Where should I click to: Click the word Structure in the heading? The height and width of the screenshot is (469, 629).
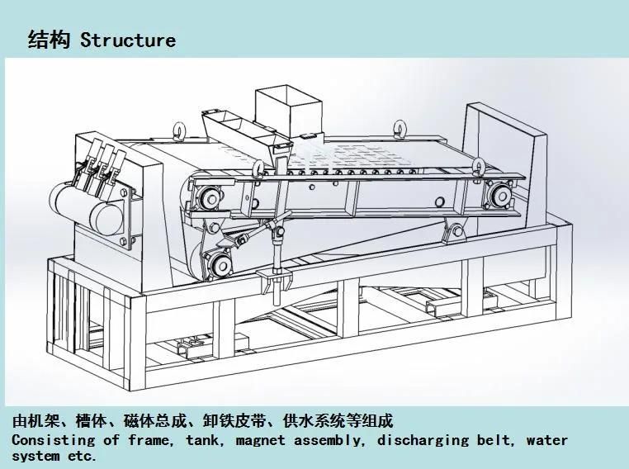point(127,40)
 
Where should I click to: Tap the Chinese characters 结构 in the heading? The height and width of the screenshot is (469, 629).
point(48,40)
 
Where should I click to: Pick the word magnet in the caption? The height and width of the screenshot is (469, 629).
point(260,440)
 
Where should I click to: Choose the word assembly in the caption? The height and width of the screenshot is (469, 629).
point(329,440)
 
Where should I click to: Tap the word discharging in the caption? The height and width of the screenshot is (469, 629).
point(423,440)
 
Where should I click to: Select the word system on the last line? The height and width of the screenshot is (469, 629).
point(35,456)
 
